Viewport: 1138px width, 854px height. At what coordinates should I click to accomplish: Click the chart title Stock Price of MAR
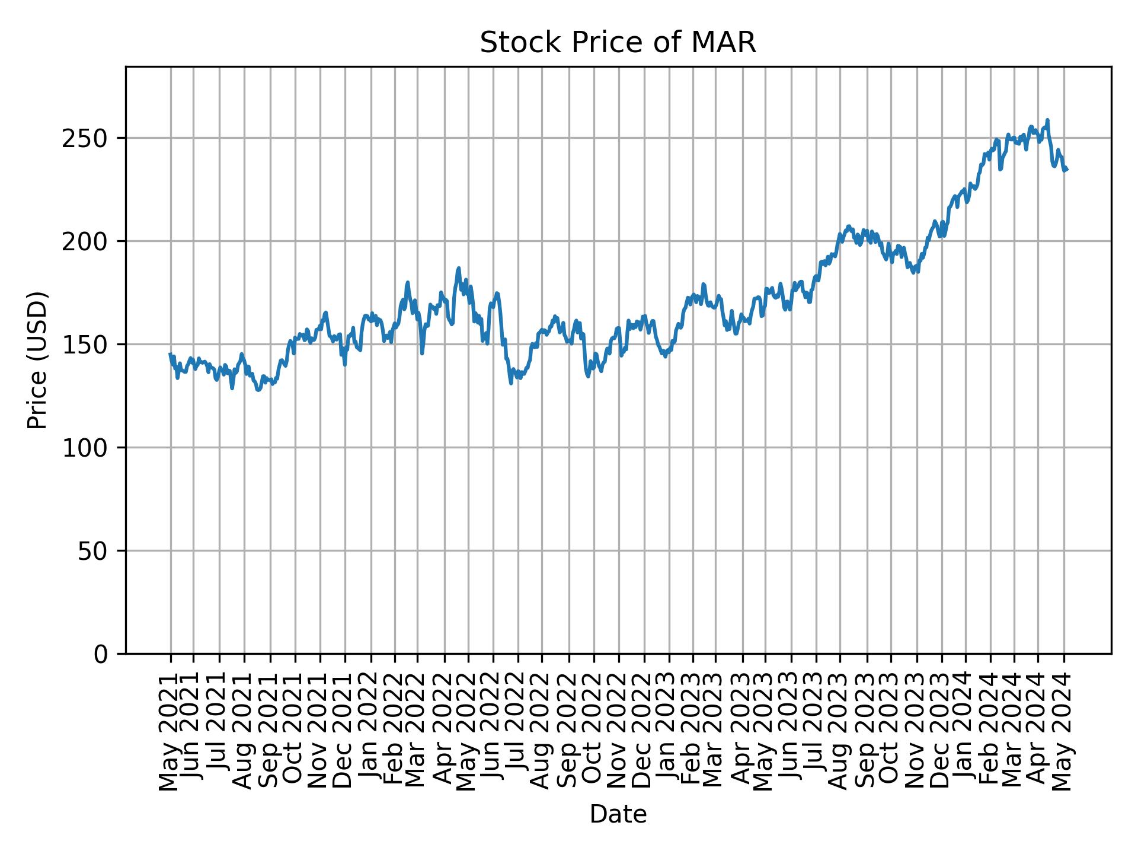point(618,43)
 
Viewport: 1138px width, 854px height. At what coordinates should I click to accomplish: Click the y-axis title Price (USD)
point(37,360)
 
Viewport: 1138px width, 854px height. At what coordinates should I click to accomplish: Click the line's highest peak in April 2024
point(1047,120)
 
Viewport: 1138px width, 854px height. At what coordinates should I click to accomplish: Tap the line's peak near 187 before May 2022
point(458,268)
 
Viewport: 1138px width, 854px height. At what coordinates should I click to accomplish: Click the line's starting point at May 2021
point(170,354)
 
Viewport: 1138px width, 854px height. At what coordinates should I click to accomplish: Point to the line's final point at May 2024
point(1066,170)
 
